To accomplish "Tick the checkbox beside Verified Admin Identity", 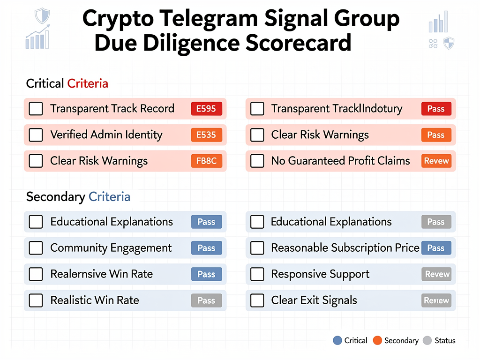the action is point(36,135).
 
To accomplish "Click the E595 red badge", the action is point(206,109).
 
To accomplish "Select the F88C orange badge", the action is point(206,161).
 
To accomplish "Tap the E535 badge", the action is point(206,135).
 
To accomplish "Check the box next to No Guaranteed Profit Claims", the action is point(257,161).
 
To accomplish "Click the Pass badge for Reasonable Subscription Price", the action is point(436,248).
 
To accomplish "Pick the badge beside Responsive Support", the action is point(436,274).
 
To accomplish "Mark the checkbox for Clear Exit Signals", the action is point(257,300).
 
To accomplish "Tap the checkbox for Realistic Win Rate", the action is point(36,300).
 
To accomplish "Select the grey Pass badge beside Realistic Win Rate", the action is point(206,300).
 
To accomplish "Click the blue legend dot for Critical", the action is point(337,340).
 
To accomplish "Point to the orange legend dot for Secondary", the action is point(377,340).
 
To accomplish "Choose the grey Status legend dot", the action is point(427,340).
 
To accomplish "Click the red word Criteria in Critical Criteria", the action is point(88,83).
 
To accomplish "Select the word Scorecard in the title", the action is point(298,43).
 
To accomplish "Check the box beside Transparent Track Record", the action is point(36,109).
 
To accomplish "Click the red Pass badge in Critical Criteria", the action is point(436,109).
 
